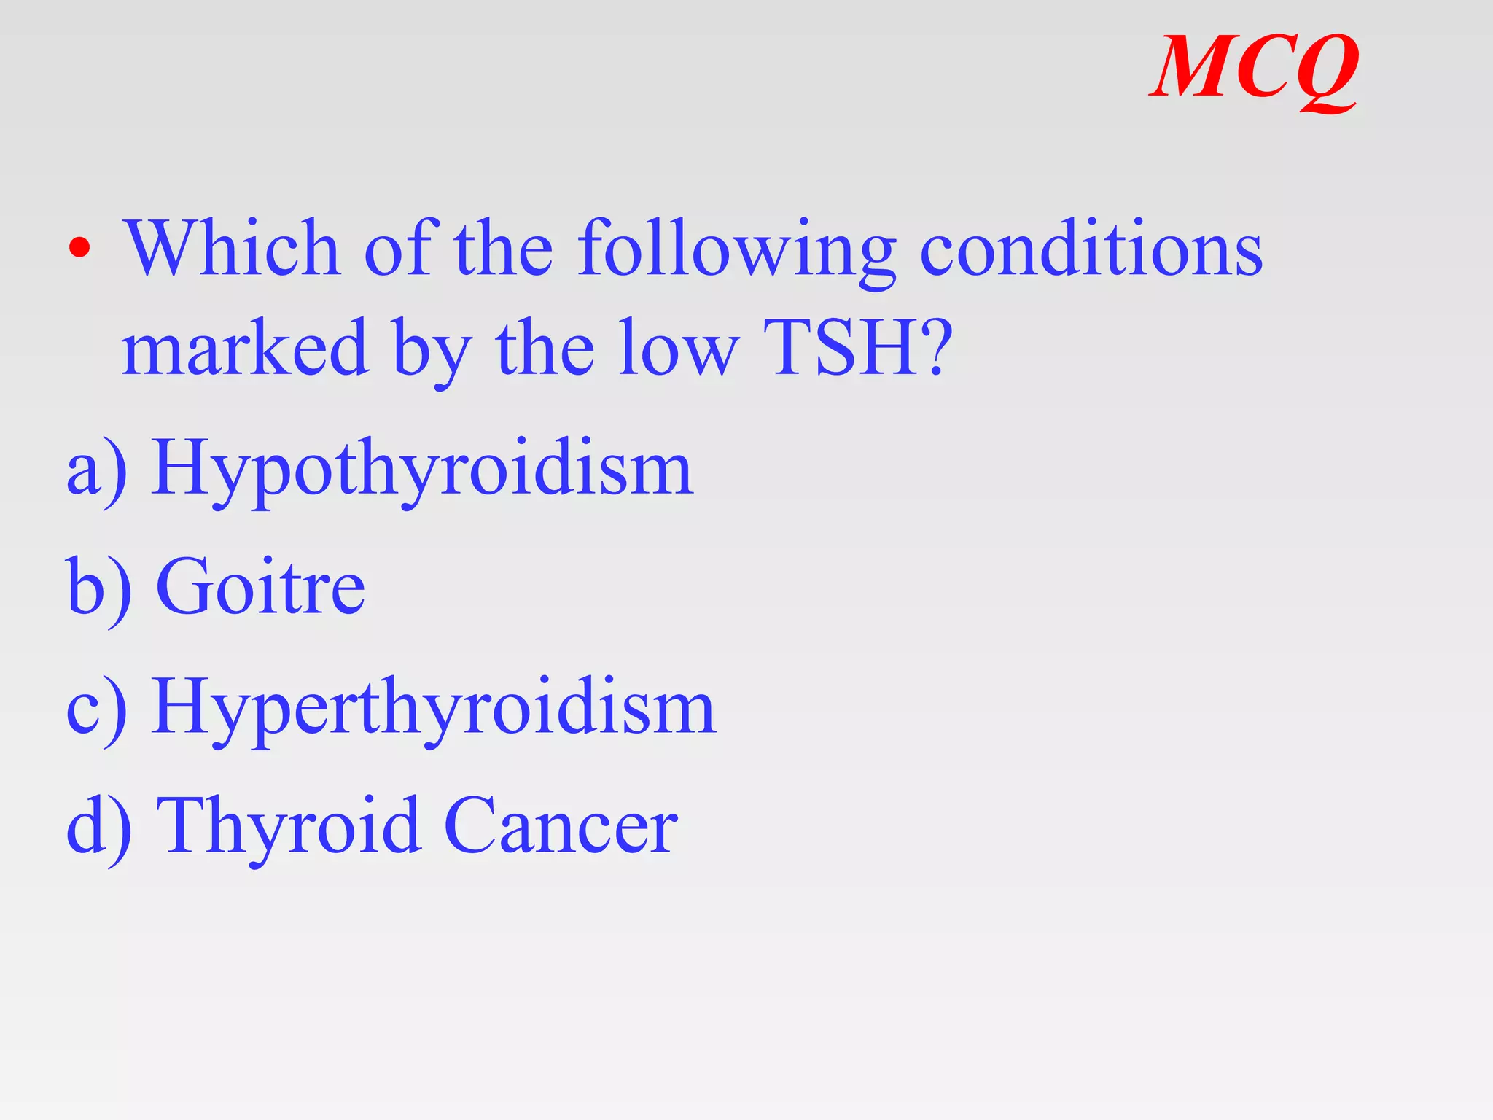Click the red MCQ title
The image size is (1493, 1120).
pos(1254,69)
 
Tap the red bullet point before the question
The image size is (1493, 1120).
pos(79,249)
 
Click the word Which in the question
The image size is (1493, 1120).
pos(232,249)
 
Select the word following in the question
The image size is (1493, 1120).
pos(736,252)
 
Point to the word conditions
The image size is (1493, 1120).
pos(1091,249)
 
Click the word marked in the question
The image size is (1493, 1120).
pos(245,349)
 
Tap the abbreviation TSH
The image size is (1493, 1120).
pos(846,349)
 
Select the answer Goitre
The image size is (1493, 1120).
pos(260,587)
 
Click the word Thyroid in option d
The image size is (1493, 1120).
pos(289,826)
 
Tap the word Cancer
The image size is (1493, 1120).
pos(560,826)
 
